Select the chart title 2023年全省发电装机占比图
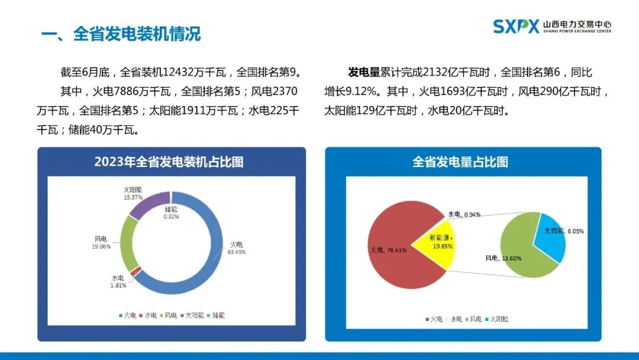169,162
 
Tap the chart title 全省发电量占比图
460,162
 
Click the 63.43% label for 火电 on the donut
237,247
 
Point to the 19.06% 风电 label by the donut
102,242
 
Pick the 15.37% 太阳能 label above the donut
133,193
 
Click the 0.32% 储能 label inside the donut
171,213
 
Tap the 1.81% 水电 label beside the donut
118,281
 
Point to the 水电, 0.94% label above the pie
464,214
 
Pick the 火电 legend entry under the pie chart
434,319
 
